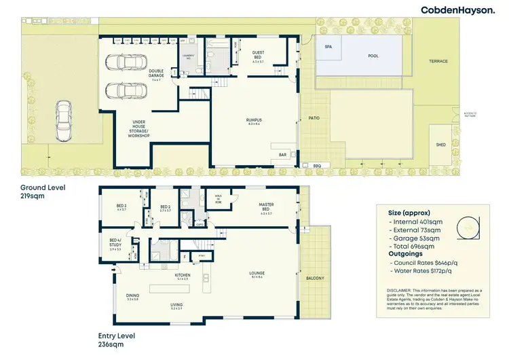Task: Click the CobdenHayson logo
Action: point(458,10)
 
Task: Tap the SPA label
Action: point(328,47)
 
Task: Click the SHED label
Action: point(440,145)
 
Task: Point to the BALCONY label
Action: point(316,278)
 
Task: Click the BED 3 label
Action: point(121,206)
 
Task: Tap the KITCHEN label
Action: point(183,274)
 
